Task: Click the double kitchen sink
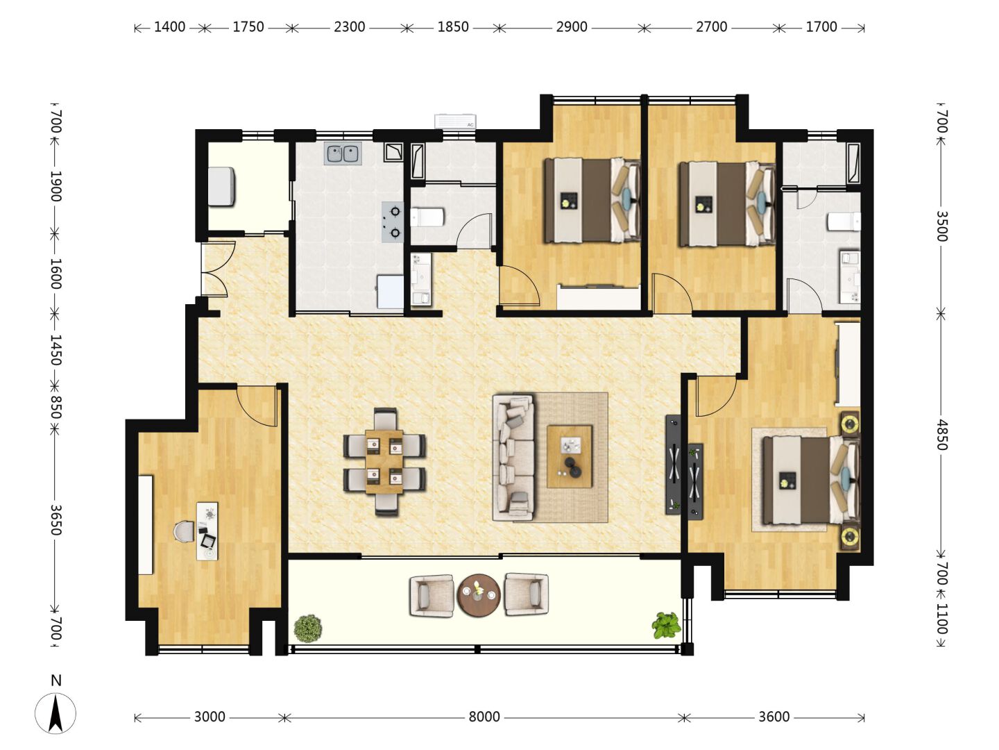(x=343, y=153)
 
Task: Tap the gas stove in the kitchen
(x=393, y=222)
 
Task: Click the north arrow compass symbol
(x=55, y=714)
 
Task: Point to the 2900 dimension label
(x=571, y=27)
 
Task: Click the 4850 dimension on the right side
(x=941, y=435)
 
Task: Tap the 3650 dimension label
(x=55, y=519)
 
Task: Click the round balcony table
(x=478, y=595)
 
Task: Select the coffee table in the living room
(x=570, y=456)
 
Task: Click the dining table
(x=384, y=462)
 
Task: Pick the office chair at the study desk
(x=184, y=532)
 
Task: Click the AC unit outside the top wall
(x=455, y=121)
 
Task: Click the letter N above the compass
(x=55, y=681)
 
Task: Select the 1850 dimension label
(x=453, y=27)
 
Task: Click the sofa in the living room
(x=514, y=458)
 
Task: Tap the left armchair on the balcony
(x=431, y=595)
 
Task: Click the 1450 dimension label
(x=55, y=350)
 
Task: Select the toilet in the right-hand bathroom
(x=844, y=222)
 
